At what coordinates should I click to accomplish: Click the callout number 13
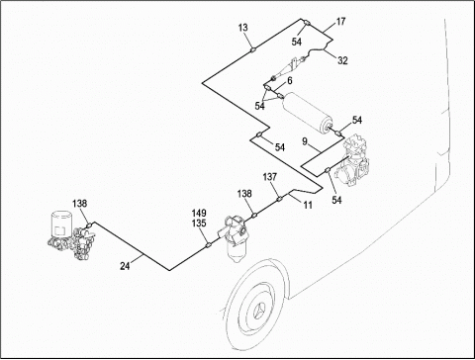(242, 28)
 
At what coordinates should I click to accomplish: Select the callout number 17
(340, 22)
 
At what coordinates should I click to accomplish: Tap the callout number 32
(342, 60)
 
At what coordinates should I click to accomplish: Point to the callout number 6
(289, 81)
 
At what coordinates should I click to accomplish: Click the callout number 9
(305, 141)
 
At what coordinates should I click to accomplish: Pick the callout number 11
(308, 205)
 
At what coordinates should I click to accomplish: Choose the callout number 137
(270, 177)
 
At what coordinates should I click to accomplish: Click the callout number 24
(125, 266)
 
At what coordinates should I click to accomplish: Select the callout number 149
(199, 214)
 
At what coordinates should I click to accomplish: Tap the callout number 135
(199, 224)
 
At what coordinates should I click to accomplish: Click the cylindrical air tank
(307, 113)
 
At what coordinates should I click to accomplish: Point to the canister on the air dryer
(61, 225)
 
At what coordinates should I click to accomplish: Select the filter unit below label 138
(234, 237)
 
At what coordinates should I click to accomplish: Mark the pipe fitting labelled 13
(253, 50)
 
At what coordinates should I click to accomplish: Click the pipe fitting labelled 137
(279, 199)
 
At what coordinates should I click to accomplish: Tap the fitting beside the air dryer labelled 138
(88, 225)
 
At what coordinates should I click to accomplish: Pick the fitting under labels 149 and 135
(208, 245)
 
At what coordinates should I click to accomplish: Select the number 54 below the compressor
(336, 200)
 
